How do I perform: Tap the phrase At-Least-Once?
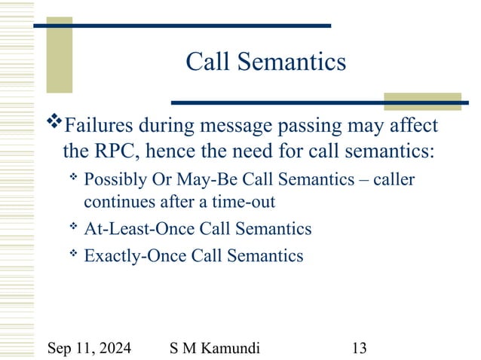click(x=133, y=227)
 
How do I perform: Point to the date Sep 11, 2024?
click(x=89, y=347)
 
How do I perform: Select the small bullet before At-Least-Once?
click(x=73, y=226)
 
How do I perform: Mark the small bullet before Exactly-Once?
click(x=73, y=254)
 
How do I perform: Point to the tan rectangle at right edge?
click(x=412, y=102)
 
